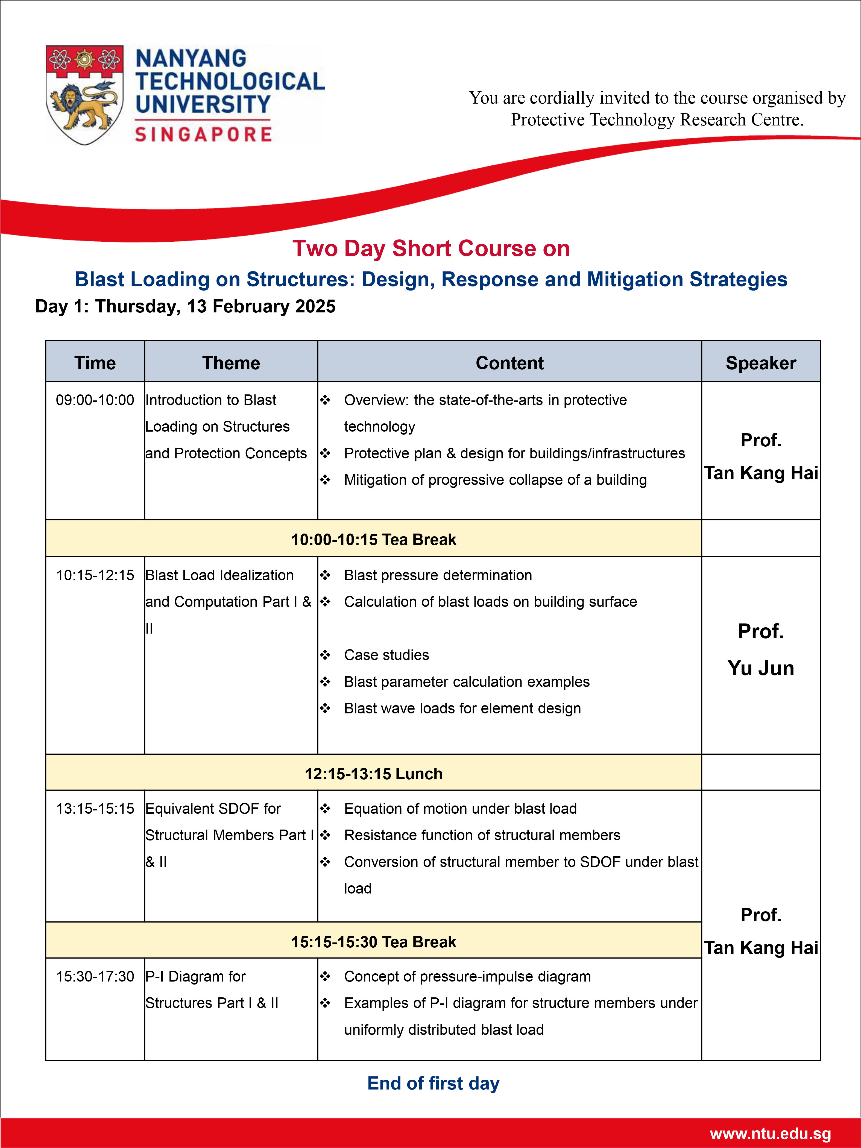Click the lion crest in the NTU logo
[84, 95]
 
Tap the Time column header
[95, 363]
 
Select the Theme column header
[231, 363]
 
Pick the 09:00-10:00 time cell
[95, 400]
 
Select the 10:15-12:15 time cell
[95, 575]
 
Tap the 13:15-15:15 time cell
[95, 809]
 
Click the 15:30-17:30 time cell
[95, 976]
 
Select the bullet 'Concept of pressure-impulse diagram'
[467, 976]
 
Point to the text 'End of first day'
[433, 1084]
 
